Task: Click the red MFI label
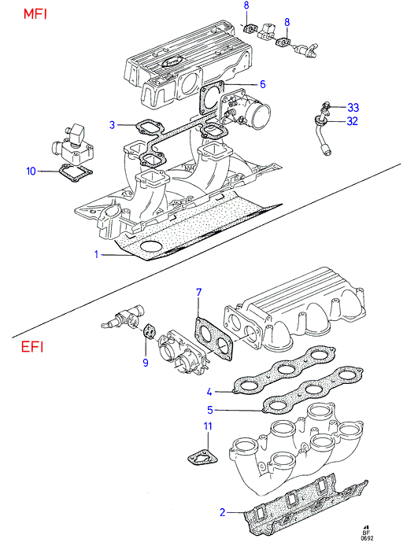pyautogui.click(x=35, y=14)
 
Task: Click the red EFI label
pyautogui.click(x=32, y=347)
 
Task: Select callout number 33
pyautogui.click(x=353, y=108)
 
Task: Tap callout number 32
pyautogui.click(x=353, y=121)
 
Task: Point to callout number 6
pyautogui.click(x=262, y=84)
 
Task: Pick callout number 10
pyautogui.click(x=31, y=171)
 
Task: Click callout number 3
pyautogui.click(x=112, y=124)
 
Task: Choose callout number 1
pyautogui.click(x=96, y=255)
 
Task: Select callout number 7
pyautogui.click(x=198, y=293)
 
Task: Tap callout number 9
pyautogui.click(x=146, y=363)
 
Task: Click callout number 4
pyautogui.click(x=209, y=392)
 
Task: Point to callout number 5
pyautogui.click(x=209, y=410)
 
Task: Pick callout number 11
pyautogui.click(x=208, y=426)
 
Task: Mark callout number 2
pyautogui.click(x=223, y=512)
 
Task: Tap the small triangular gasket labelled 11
pyautogui.click(x=202, y=459)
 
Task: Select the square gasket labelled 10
pyautogui.click(x=76, y=173)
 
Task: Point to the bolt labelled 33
pyautogui.click(x=327, y=105)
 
